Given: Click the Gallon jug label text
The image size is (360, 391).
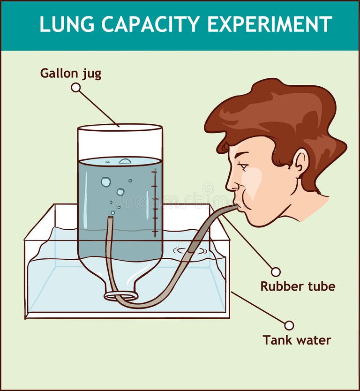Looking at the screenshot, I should pos(70,74).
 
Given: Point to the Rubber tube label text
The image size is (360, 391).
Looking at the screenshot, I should pos(298,286).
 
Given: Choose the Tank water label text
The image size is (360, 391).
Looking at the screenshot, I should pos(297,340).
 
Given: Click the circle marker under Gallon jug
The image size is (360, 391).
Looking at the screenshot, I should pos(75,87).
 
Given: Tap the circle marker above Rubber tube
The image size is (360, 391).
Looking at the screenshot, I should pos(276,272).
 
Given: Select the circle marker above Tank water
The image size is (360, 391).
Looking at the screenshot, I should pos(289,325).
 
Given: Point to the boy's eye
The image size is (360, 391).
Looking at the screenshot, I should pos(242,165).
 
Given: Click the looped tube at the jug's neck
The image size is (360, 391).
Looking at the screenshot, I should pos(121,296).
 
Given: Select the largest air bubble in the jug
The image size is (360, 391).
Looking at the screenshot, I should pos(106,182).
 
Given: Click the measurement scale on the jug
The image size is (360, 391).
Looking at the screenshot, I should pos(154,202).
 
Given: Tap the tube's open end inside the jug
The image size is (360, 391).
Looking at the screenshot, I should pos(111,218).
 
